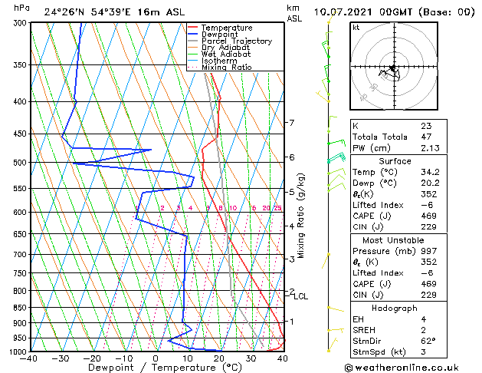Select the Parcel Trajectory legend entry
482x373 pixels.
coord(236,41)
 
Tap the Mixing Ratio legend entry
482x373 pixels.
coord(226,68)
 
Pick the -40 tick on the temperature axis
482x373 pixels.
coord(29,358)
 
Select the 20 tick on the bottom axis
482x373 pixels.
coord(219,358)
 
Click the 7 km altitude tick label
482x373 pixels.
coord(291,123)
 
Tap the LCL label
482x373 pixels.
coord(301,296)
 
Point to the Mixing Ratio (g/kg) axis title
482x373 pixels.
coord(302,216)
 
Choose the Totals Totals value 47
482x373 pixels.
coord(426,137)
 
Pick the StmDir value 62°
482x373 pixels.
coord(428,342)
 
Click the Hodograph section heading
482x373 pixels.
coord(395,308)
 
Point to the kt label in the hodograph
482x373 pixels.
coord(356,28)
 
